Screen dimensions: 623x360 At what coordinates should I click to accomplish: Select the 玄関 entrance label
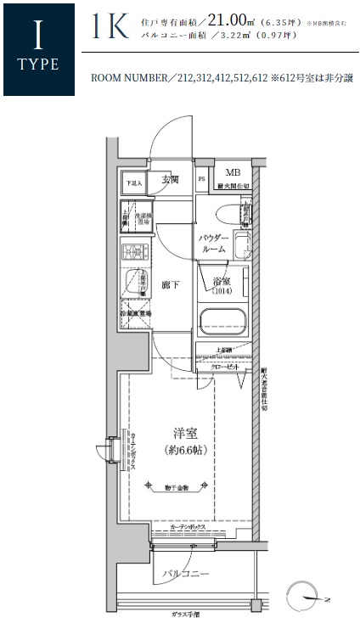coord(168,180)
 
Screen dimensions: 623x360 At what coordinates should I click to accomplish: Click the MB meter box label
coord(232,171)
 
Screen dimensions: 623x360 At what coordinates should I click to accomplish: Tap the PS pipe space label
coord(201,180)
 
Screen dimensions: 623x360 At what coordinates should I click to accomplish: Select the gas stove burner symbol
coord(134,253)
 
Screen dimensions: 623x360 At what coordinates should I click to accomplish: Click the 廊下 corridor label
coord(170,285)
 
